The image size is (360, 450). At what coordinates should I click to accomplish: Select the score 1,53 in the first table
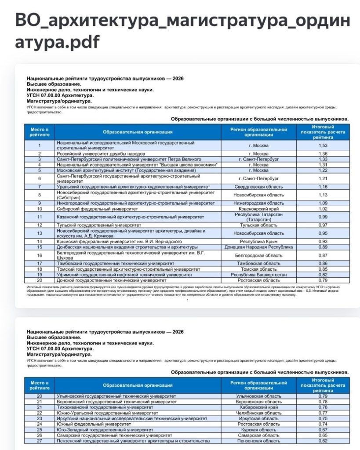(x=323, y=145)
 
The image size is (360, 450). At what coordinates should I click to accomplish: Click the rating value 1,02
(x=323, y=209)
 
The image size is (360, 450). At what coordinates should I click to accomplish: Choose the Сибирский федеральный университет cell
(x=97, y=209)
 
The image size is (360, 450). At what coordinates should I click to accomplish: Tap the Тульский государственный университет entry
(x=97, y=225)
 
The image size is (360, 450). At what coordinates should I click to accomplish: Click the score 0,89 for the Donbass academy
(x=323, y=247)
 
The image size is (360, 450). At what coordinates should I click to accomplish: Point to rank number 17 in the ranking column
(x=39, y=263)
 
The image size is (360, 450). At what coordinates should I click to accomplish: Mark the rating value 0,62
(x=323, y=441)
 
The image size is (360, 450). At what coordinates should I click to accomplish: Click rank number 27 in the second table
(x=39, y=441)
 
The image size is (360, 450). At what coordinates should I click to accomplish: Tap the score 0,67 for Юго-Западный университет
(x=323, y=430)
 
